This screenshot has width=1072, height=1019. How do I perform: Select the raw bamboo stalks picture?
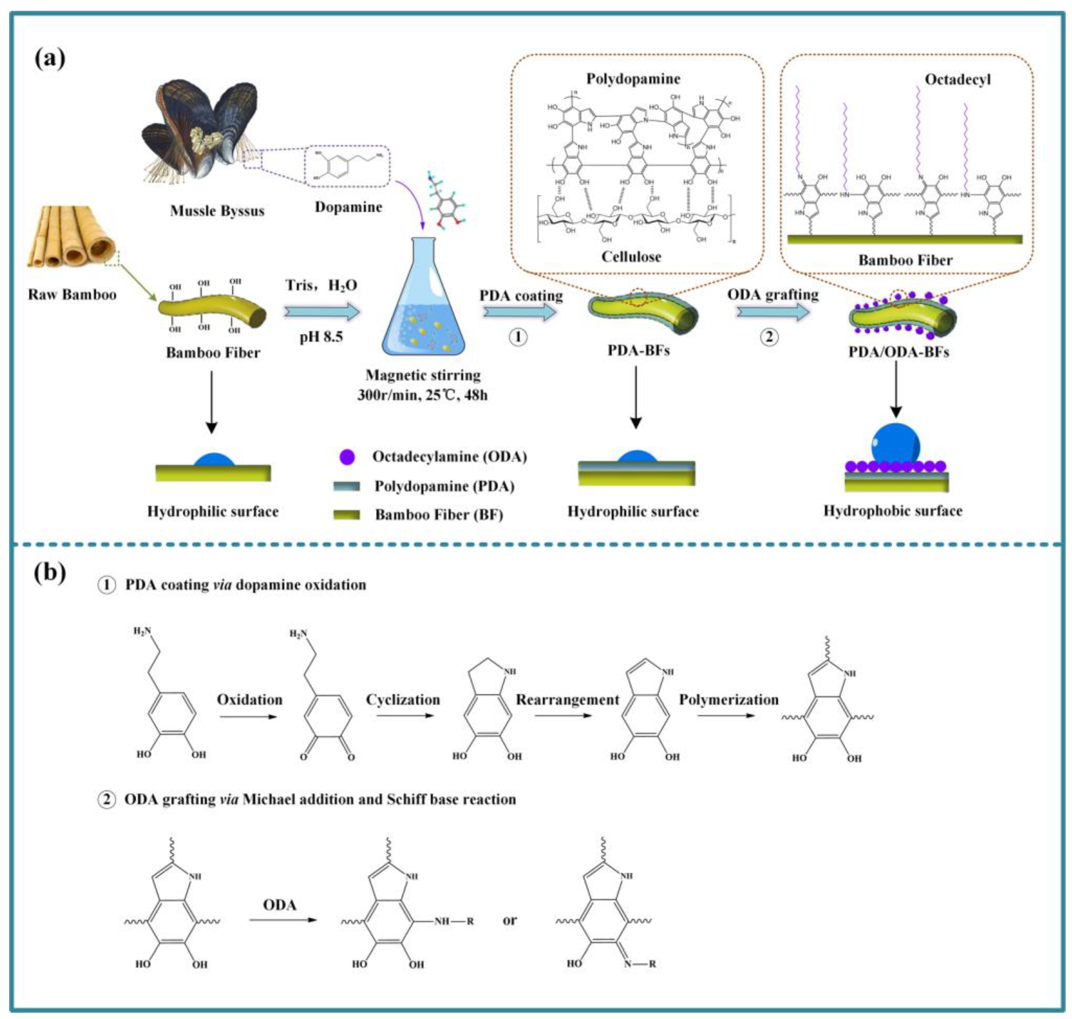click(x=71, y=236)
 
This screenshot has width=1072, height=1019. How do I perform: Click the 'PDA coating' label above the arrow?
click(x=520, y=296)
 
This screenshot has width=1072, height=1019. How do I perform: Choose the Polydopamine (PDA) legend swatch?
click(x=346, y=485)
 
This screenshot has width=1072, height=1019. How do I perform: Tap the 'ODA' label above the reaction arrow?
click(x=280, y=905)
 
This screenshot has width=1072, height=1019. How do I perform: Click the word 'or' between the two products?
click(x=509, y=920)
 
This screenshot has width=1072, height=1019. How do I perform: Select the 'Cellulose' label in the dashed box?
click(x=631, y=256)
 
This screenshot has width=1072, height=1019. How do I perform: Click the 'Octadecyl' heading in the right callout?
click(x=957, y=80)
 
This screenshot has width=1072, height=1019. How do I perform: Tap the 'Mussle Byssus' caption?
click(x=217, y=211)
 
